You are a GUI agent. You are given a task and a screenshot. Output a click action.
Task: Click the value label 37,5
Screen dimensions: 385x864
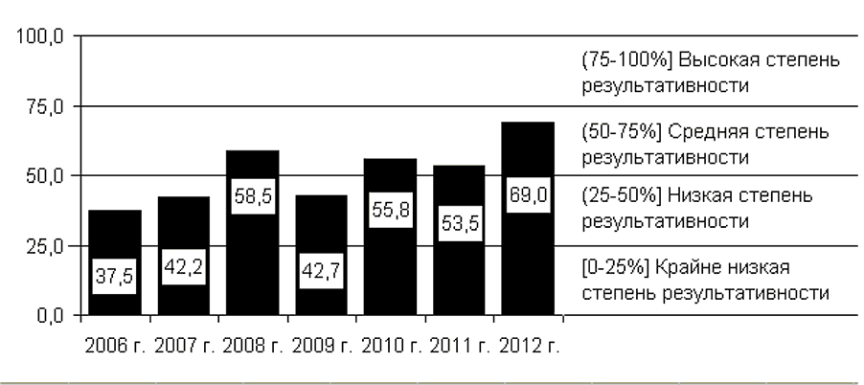pos(115,276)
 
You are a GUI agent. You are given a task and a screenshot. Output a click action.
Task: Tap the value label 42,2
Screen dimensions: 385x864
pos(184,268)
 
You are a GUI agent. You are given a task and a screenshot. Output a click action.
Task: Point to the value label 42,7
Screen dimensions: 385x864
pos(322,267)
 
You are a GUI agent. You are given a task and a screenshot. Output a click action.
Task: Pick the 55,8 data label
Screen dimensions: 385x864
pos(390,210)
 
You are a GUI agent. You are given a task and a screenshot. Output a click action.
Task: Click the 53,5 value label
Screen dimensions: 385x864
pos(459,222)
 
